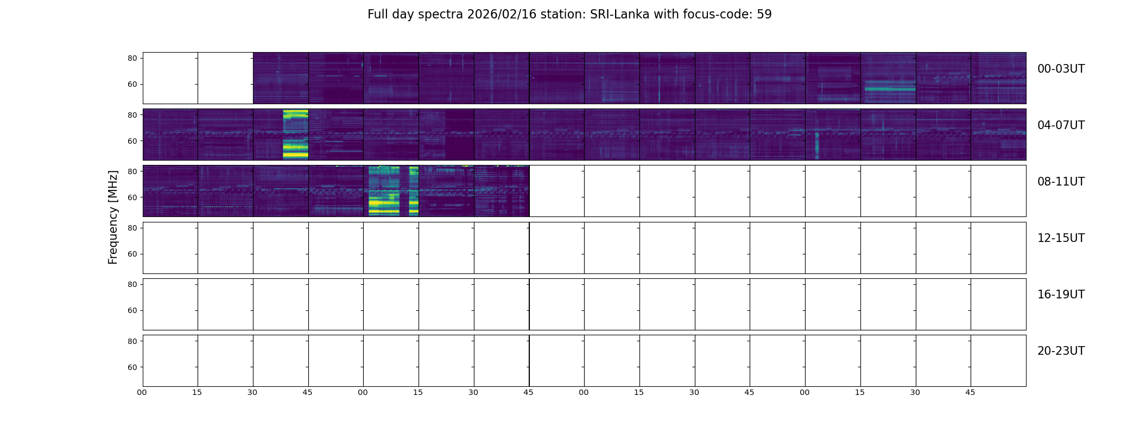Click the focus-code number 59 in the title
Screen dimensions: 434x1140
[x=764, y=15]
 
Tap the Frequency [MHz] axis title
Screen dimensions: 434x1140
[x=113, y=217]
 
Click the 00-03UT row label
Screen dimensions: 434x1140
[x=1061, y=69]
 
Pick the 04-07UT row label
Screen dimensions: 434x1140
[x=1061, y=125]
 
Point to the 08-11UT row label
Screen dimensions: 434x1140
[x=1061, y=182]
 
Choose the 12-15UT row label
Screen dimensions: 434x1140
[x=1061, y=238]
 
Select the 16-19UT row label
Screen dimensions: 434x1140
[x=1061, y=295]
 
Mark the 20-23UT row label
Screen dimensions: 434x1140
[x=1061, y=351]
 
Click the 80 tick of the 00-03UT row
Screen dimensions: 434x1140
[x=132, y=58]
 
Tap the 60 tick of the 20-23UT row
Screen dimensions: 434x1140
[x=132, y=367]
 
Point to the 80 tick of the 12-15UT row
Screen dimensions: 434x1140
[x=132, y=228]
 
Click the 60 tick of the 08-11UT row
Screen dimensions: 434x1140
[x=132, y=197]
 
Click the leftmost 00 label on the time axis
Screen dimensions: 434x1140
[x=142, y=392]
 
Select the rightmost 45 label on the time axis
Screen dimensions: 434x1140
[x=970, y=392]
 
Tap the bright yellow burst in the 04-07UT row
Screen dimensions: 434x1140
[x=295, y=134]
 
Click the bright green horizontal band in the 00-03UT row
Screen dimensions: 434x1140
[x=889, y=88]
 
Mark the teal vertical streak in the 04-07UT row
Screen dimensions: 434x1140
[x=816, y=145]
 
